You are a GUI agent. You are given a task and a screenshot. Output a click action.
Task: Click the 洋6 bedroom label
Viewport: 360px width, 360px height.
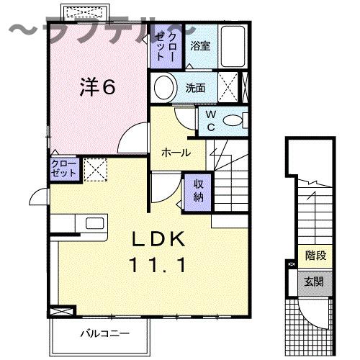[97, 87]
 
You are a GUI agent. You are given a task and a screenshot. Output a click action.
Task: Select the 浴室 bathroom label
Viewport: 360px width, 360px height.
[199, 45]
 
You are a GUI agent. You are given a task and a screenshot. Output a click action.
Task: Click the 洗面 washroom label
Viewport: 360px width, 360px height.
[195, 89]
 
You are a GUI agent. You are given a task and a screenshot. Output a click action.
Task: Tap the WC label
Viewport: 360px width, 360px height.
[211, 120]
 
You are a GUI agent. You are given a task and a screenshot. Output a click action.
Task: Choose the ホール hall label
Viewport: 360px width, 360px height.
[176, 153]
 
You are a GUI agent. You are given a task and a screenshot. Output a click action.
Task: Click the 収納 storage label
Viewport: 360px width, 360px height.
[198, 189]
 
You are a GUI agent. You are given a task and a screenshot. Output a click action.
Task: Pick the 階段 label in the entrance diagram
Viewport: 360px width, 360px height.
[315, 255]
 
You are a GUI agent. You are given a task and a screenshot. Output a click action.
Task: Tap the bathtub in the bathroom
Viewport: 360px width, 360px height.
[232, 45]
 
